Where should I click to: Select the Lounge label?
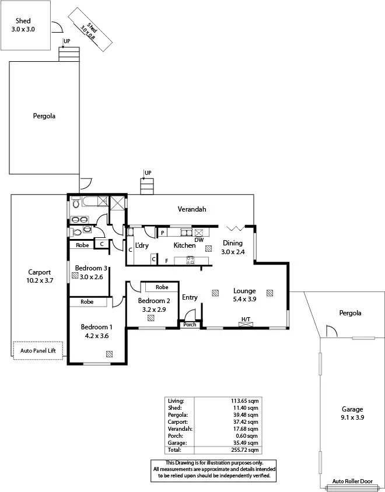pyautogui.click(x=244, y=290)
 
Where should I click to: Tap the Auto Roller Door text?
pyautogui.click(x=352, y=482)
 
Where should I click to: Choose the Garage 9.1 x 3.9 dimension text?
pyautogui.click(x=352, y=418)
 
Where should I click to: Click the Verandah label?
pyautogui.click(x=192, y=209)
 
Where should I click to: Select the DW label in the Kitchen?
pyautogui.click(x=199, y=240)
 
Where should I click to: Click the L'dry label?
pyautogui.click(x=142, y=245)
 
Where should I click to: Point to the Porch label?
pyautogui.click(x=190, y=325)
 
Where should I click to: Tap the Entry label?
pyautogui.click(x=190, y=297)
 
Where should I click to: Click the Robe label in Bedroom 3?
pyautogui.click(x=82, y=245)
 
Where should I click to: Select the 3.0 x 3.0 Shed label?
pyautogui.click(x=23, y=29)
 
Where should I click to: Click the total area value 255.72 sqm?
pyautogui.click(x=246, y=449)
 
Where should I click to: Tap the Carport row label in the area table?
pyautogui.click(x=177, y=421)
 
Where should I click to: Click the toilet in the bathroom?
pyautogui.click(x=75, y=204)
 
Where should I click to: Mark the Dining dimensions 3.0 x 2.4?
pyautogui.click(x=233, y=252)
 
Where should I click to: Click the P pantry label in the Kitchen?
pyautogui.click(x=162, y=233)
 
